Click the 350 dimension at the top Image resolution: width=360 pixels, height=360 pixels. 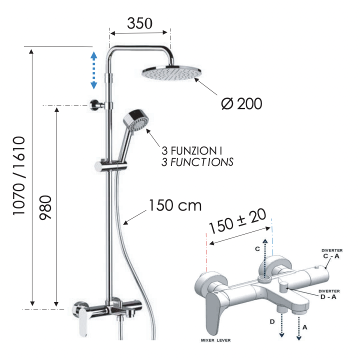click(x=139, y=23)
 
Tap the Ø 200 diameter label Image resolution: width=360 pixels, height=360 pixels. click(x=241, y=103)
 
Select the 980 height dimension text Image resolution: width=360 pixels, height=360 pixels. click(x=45, y=207)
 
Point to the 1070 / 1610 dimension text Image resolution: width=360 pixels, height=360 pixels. click(x=19, y=176)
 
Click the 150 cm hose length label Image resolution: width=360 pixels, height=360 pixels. click(x=175, y=205)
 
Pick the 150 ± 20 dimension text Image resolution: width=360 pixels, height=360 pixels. click(x=237, y=221)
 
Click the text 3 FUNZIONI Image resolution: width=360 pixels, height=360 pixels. click(x=191, y=151)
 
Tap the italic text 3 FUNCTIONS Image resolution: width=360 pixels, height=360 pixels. click(x=197, y=162)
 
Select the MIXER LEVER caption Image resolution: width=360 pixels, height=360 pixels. click(x=215, y=340)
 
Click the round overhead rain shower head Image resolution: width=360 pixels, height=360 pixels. click(x=171, y=73)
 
